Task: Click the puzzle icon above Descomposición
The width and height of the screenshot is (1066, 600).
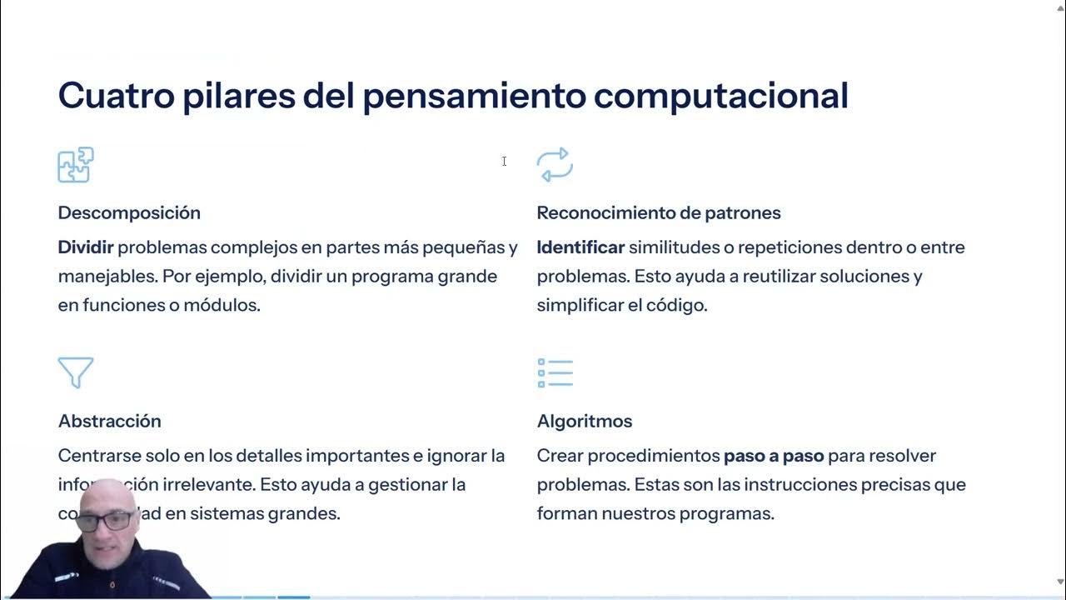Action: (x=76, y=165)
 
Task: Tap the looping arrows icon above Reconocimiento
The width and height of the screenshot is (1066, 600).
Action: (x=555, y=165)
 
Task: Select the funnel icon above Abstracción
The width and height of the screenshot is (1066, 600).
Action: (x=76, y=372)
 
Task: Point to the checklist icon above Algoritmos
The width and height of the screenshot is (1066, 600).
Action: (x=555, y=372)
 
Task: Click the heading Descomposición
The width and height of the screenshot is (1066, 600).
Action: (x=129, y=212)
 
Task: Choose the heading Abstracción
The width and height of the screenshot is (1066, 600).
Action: (x=109, y=421)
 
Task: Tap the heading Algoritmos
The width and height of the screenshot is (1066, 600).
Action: (x=584, y=421)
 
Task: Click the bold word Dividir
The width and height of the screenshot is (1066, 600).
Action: (x=85, y=247)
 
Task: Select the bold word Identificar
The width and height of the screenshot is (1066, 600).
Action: (x=580, y=247)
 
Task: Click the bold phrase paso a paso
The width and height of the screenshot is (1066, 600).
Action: (x=774, y=456)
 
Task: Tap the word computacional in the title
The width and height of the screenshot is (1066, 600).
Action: (x=720, y=96)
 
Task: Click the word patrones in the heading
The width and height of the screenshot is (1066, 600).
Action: (x=742, y=212)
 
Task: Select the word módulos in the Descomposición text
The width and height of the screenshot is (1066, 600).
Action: (x=222, y=305)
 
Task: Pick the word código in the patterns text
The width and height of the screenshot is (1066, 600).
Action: (x=676, y=305)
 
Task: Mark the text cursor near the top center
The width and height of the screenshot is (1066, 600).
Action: (x=504, y=161)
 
